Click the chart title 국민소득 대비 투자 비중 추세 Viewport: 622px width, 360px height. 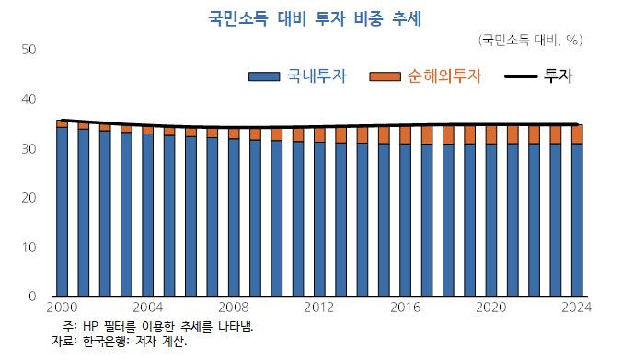tap(310, 16)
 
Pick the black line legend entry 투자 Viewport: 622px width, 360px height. tap(559, 76)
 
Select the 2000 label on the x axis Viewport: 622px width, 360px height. tap(62, 308)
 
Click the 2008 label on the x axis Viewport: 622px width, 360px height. tap(234, 308)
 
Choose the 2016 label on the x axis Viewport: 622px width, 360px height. tap(406, 308)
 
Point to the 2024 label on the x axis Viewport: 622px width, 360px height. tap(577, 308)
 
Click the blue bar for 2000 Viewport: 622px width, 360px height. tap(62, 212)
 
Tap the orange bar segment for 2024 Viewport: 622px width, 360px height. tap(577, 134)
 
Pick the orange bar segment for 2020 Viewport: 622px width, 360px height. tap(491, 134)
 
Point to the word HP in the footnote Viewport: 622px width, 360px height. tap(91, 327)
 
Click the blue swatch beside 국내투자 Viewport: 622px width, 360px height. tap(266, 76)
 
